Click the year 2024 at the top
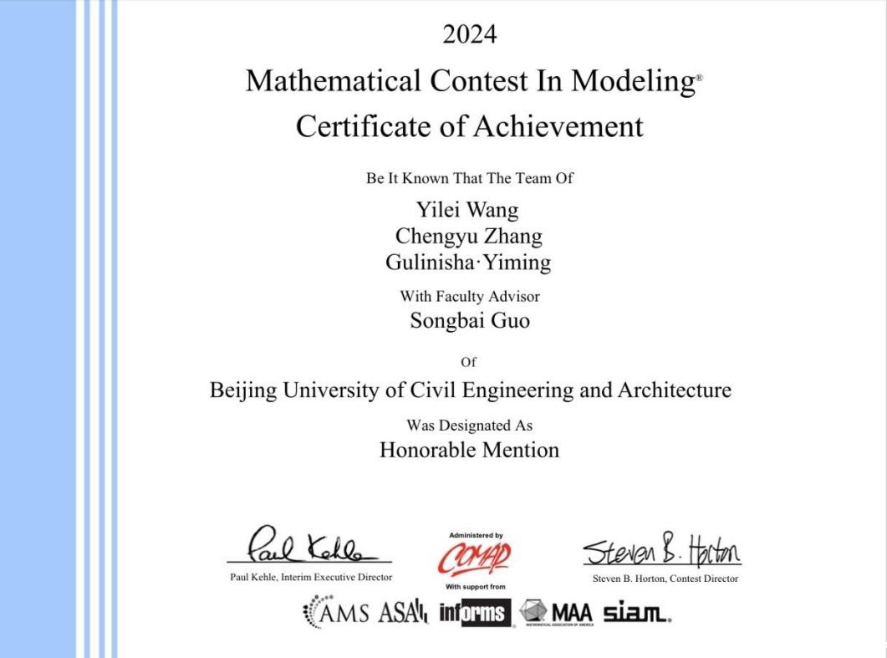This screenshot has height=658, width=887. pyautogui.click(x=469, y=34)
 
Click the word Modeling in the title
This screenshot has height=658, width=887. pyautogui.click(x=633, y=81)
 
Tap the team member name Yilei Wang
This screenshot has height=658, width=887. pyautogui.click(x=467, y=209)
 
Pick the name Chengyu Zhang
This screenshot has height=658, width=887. pyautogui.click(x=468, y=236)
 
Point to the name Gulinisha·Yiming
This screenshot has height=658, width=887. pyautogui.click(x=468, y=263)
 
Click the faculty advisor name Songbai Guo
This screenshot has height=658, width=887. pyautogui.click(x=469, y=320)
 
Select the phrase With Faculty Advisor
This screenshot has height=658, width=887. pyautogui.click(x=469, y=296)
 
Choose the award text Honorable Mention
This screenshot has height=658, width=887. pyautogui.click(x=469, y=450)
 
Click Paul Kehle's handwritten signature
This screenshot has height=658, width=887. pyautogui.click(x=309, y=548)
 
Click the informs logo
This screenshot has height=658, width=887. pyautogui.click(x=474, y=614)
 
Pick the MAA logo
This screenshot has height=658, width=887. pyautogui.click(x=556, y=614)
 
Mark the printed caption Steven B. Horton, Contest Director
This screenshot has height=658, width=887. pyautogui.click(x=665, y=579)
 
